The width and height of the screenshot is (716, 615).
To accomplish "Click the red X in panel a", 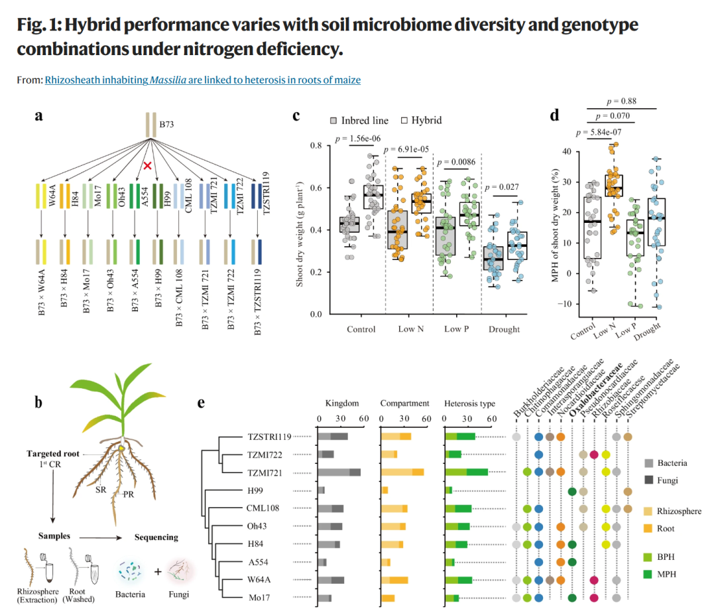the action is pyautogui.click(x=147, y=165).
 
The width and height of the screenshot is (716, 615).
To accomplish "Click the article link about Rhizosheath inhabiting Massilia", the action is pyautogui.click(x=203, y=80).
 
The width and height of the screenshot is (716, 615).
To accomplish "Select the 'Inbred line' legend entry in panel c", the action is pyautogui.click(x=359, y=121).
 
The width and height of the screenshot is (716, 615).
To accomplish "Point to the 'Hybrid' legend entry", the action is pyautogui.click(x=422, y=120).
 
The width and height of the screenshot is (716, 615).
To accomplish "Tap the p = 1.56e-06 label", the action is pyautogui.click(x=357, y=139).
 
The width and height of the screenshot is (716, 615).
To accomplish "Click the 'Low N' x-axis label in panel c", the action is pyautogui.click(x=411, y=329).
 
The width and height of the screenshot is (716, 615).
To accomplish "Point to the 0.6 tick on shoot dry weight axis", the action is pyautogui.click(x=316, y=188).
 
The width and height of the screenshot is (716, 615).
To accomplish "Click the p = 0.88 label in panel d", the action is pyautogui.click(x=621, y=101).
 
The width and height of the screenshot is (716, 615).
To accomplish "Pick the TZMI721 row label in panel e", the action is pyautogui.click(x=265, y=473).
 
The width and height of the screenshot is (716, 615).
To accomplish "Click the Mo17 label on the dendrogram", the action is pyautogui.click(x=259, y=598).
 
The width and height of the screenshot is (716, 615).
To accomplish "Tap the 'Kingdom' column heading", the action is pyautogui.click(x=342, y=403).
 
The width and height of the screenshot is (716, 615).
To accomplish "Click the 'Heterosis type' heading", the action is pyautogui.click(x=470, y=403).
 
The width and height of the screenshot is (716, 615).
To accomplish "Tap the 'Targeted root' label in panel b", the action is pyautogui.click(x=53, y=454).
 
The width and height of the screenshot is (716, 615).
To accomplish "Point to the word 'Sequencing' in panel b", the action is pyautogui.click(x=156, y=537).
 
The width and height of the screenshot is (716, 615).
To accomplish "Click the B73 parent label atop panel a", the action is pyautogui.click(x=166, y=124).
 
